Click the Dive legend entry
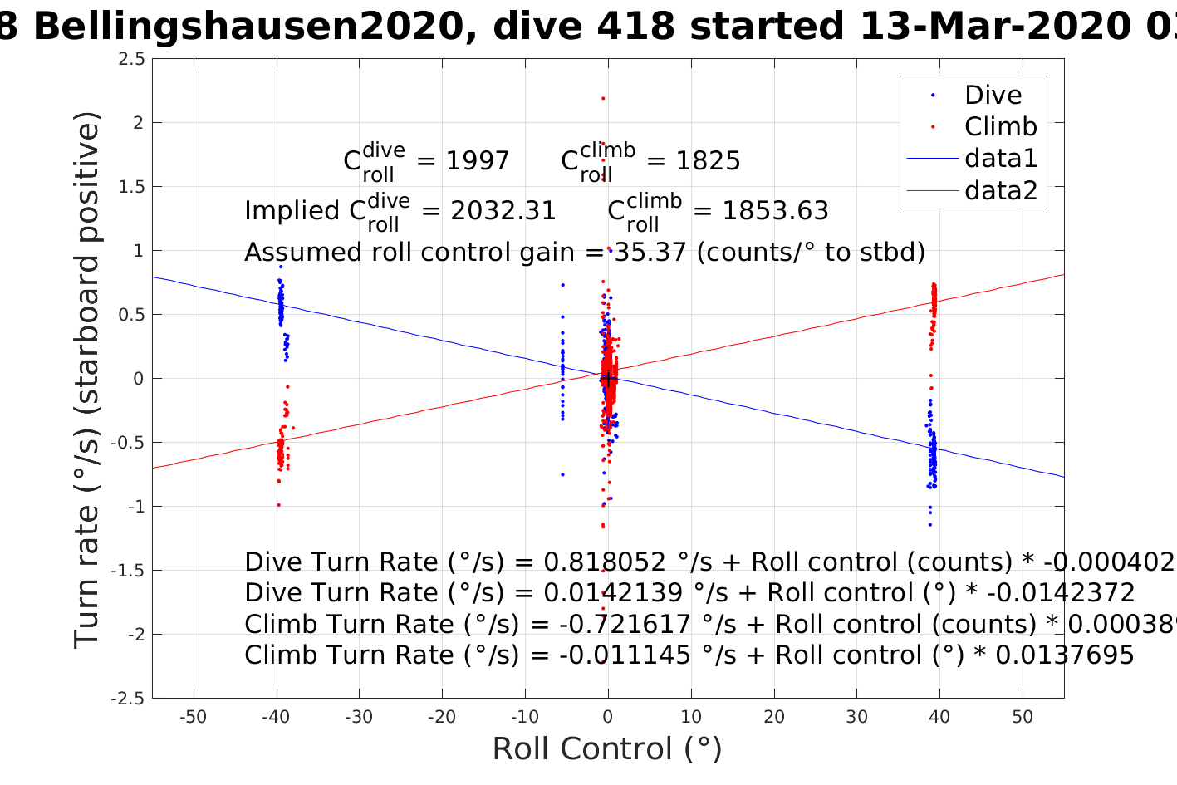992,95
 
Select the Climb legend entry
1000,126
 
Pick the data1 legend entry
1000,158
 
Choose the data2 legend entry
1000,190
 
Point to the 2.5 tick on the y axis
131,59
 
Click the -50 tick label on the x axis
193,717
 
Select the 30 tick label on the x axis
856,717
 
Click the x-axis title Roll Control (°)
607,748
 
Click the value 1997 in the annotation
478,160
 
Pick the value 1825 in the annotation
708,160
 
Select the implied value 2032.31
503,211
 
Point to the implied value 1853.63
775,211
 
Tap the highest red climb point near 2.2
603,99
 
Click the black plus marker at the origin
608,379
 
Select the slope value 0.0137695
1065,655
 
